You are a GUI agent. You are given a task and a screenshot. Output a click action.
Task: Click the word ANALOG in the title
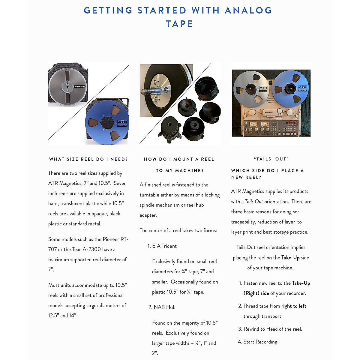tap(248, 10)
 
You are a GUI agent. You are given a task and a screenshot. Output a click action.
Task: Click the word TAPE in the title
tap(179, 24)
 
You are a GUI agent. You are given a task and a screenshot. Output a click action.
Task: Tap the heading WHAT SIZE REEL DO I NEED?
tap(88, 159)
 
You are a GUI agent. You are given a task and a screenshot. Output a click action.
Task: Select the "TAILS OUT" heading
tap(271, 159)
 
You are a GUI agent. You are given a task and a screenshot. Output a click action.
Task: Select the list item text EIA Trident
tap(164, 246)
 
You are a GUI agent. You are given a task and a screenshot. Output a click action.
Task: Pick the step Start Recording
tap(260, 342)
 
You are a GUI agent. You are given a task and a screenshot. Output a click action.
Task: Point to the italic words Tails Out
tap(254, 202)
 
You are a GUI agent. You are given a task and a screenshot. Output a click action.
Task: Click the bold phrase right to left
tap(294, 306)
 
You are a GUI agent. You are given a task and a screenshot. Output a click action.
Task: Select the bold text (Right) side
tap(256, 293)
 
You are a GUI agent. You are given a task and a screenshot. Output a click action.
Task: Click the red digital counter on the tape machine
tap(291, 123)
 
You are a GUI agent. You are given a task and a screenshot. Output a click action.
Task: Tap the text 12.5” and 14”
tap(63, 316)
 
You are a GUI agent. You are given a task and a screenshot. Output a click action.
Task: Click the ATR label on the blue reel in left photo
tap(122, 123)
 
